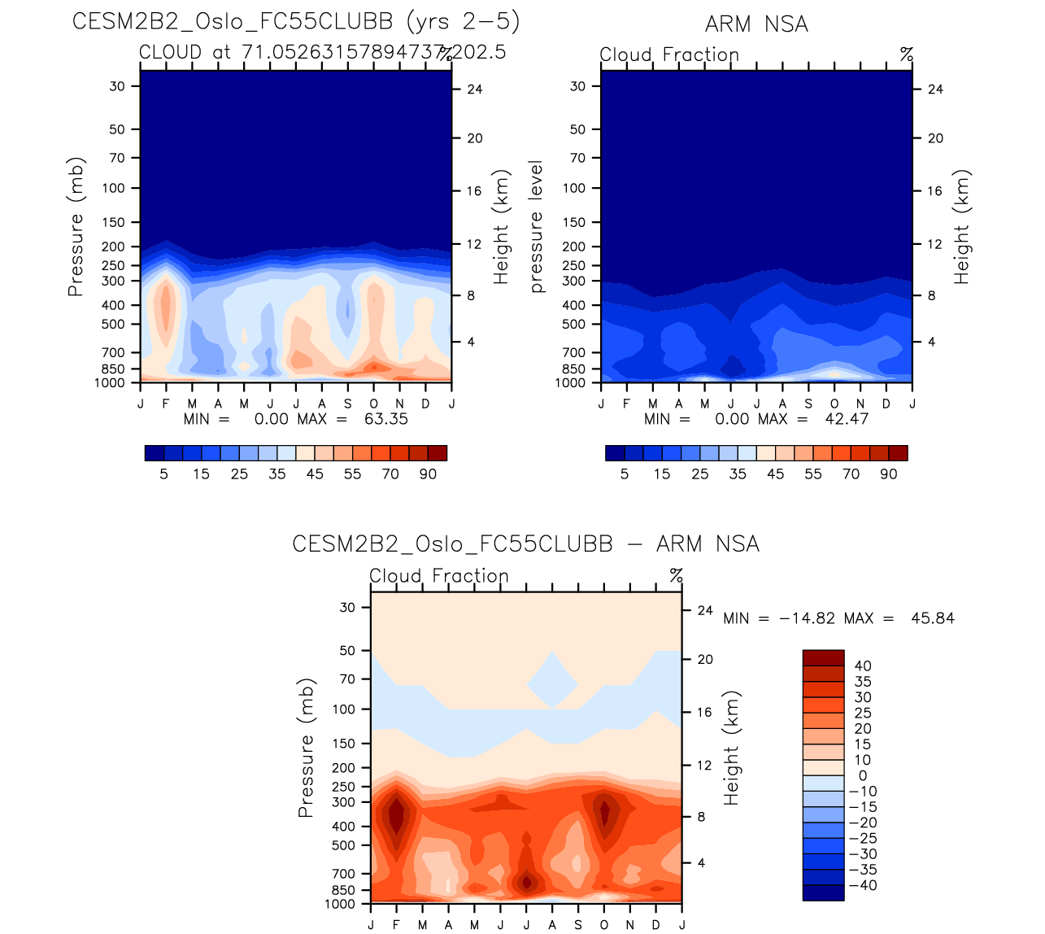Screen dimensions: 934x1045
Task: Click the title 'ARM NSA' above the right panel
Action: [x=756, y=24]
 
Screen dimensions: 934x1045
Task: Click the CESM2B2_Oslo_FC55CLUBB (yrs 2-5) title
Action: [x=296, y=22]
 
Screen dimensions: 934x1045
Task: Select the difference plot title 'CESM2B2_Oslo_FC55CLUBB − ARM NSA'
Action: [x=525, y=544]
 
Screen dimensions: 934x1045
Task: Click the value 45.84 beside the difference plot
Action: [x=933, y=618]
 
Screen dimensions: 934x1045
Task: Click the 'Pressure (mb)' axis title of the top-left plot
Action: [x=76, y=227]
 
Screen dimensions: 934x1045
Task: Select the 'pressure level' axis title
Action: [x=536, y=227]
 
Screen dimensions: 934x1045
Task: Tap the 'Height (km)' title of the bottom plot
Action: [x=732, y=749]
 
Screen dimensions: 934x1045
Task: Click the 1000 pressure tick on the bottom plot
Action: [x=340, y=904]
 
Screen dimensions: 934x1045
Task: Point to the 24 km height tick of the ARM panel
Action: [x=935, y=89]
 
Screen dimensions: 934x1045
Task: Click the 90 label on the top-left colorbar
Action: [x=428, y=474]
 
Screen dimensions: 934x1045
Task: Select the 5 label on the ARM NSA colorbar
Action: [x=625, y=474]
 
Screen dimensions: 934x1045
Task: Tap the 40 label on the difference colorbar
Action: [x=863, y=666]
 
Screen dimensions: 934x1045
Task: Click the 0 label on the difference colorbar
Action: [x=863, y=776]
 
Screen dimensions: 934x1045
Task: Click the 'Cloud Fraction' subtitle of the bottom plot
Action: [x=439, y=576]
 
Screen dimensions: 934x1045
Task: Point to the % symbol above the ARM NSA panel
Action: [x=907, y=55]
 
